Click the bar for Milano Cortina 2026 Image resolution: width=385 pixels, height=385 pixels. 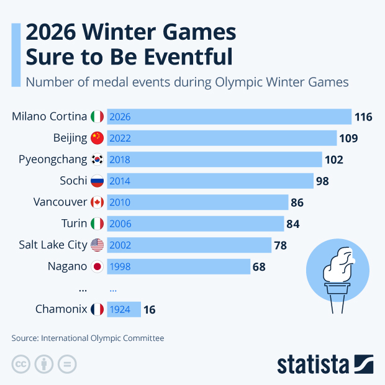tap(230, 116)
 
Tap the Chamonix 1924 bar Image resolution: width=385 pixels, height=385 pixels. tap(124, 309)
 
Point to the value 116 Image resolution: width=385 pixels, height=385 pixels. tap(363, 117)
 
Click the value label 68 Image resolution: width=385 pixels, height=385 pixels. tap(259, 267)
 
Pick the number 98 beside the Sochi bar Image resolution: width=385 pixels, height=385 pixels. tap(322, 181)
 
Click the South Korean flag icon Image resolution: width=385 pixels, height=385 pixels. tap(97, 160)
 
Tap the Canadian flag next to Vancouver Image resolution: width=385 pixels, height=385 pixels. tap(97, 202)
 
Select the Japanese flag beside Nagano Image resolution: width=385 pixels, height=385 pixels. tap(97, 267)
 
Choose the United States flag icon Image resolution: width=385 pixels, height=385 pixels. tap(97, 245)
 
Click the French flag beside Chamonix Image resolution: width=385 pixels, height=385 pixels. tap(97, 309)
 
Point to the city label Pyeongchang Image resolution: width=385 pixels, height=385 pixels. tap(53, 160)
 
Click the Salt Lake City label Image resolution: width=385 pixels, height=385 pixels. tap(53, 245)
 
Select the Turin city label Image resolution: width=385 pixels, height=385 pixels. tap(74, 224)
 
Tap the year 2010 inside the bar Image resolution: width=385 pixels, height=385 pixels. tap(120, 202)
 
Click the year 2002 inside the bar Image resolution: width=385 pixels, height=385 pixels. tap(120, 245)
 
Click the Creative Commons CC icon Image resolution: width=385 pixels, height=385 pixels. tap(20, 364)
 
